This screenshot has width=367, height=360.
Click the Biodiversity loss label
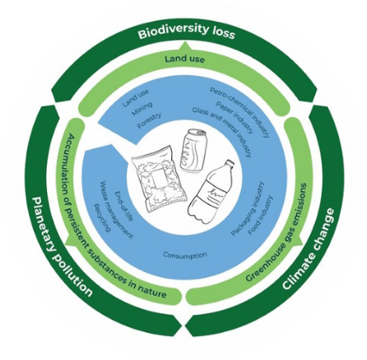click(x=186, y=31)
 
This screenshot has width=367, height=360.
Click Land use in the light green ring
click(x=184, y=59)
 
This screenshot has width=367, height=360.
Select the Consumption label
click(x=184, y=255)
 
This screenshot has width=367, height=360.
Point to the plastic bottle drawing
click(x=213, y=193)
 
